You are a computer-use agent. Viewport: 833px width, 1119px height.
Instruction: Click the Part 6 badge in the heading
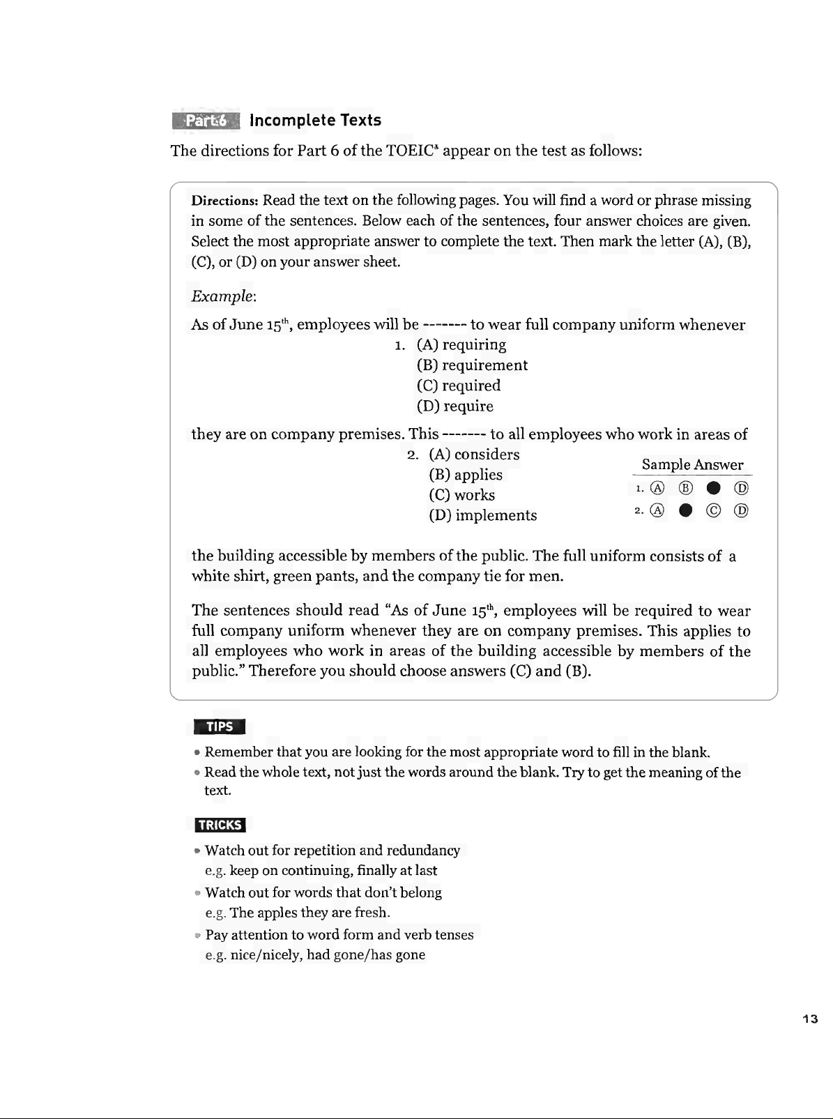coord(206,121)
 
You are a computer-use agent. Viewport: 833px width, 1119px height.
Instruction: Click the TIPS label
coord(220,726)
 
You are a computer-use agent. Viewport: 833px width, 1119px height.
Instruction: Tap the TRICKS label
coord(220,825)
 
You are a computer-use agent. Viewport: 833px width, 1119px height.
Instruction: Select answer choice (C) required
coord(459,386)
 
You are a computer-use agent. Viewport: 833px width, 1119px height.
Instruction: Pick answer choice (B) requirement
coord(472,365)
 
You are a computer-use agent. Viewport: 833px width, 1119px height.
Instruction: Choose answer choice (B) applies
coord(466,475)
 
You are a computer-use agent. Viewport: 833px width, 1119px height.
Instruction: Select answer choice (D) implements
coord(483,515)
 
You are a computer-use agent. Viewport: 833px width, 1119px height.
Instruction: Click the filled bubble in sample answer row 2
coord(686,511)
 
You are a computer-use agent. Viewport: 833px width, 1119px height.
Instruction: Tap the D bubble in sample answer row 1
coord(742,487)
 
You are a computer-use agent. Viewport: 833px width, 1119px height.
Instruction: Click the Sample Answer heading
coord(692,465)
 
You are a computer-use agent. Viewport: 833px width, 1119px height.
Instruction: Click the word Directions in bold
coord(225,201)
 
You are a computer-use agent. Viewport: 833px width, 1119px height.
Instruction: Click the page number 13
coord(809,1019)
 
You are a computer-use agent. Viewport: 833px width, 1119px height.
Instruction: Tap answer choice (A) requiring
coord(461,345)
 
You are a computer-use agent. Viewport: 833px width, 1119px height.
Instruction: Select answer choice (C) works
coord(461,495)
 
